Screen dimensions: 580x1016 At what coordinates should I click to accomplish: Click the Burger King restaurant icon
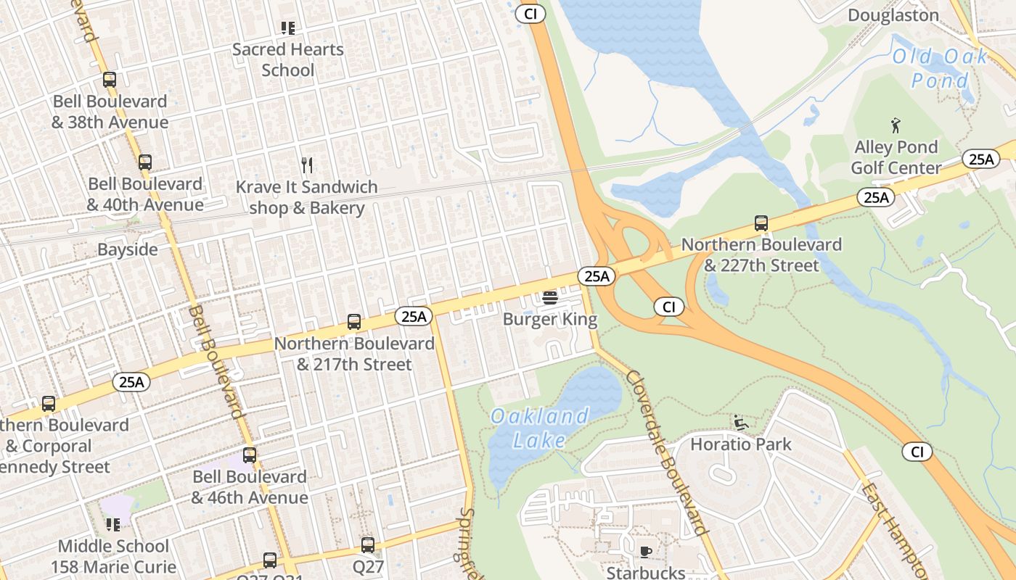[x=549, y=298]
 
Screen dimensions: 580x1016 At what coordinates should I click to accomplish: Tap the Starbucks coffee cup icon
[x=645, y=552]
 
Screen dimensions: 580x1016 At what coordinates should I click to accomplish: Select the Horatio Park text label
[x=740, y=444]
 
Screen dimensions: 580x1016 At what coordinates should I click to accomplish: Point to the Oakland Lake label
[x=539, y=428]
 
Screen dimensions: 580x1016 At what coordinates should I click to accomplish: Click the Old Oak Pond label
[x=940, y=67]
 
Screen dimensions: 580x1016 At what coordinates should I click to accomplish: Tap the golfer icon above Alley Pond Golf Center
[x=896, y=125]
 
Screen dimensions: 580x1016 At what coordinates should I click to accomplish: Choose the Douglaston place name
[x=893, y=15]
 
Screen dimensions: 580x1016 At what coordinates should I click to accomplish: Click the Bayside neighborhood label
[x=128, y=250]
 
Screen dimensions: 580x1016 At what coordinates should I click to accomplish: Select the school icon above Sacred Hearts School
[x=288, y=28]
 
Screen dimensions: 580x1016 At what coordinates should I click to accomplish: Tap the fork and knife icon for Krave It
[x=307, y=165]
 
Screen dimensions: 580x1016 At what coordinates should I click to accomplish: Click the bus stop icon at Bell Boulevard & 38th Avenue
[x=110, y=80]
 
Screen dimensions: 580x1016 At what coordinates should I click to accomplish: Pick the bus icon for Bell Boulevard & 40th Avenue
[x=145, y=162]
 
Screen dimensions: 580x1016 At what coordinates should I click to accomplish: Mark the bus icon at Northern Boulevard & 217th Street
[x=354, y=322]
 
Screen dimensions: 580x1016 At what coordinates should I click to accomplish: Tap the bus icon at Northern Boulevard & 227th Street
[x=761, y=223]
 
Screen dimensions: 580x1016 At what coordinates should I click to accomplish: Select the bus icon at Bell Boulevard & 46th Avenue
[x=250, y=455]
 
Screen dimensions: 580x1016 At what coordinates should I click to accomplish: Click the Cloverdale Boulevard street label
[x=665, y=452]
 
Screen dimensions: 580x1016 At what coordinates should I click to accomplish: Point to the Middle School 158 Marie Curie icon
[x=113, y=524]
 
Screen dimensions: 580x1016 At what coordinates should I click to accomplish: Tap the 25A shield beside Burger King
[x=597, y=276]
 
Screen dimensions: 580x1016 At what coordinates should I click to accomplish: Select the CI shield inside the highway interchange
[x=669, y=307]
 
